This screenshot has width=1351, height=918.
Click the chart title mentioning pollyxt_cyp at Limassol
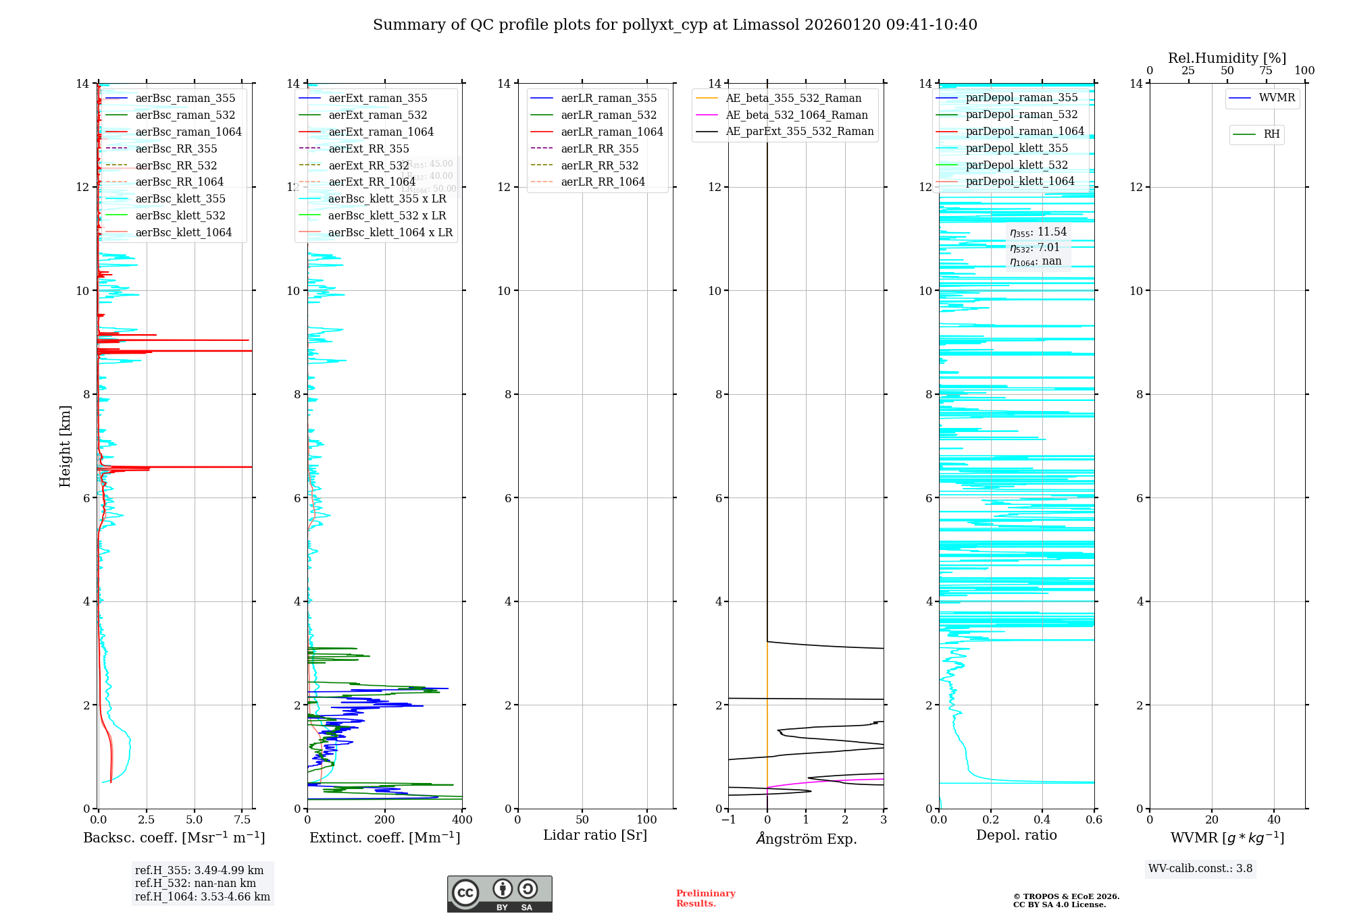click(675, 25)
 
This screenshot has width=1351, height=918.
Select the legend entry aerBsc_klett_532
click(180, 215)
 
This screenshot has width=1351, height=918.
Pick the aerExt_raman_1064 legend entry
click(381, 132)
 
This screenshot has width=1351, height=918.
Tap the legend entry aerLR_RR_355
click(599, 148)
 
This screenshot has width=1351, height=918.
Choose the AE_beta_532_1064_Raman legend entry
click(796, 115)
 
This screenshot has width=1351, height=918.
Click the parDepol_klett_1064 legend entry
click(1019, 181)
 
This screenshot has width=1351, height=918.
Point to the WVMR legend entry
click(1277, 98)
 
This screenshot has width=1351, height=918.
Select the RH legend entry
click(1271, 134)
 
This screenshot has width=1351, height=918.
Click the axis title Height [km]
click(65, 446)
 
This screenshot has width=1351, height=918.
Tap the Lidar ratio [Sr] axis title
click(595, 835)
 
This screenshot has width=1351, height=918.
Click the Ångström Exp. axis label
click(806, 838)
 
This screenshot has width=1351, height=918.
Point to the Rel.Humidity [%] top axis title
click(1227, 58)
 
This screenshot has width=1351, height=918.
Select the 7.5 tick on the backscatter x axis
click(242, 820)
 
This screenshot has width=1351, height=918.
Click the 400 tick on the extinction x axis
click(462, 820)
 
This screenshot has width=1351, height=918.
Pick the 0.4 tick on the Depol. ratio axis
click(1042, 820)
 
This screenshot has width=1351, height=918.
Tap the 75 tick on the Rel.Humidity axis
click(1266, 71)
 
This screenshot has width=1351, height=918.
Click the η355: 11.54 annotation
click(1038, 232)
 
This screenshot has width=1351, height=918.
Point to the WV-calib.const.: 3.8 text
click(1200, 868)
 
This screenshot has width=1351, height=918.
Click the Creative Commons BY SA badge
click(499, 894)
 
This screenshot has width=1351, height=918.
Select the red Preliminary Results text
click(705, 898)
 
